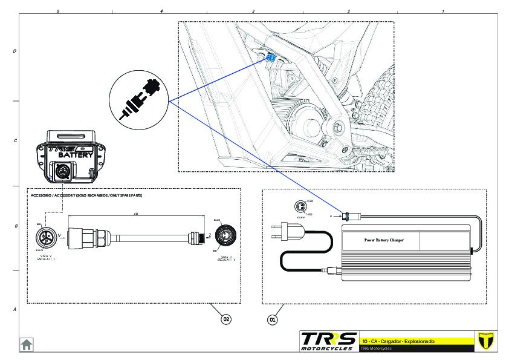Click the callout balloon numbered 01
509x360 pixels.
pos(273,318)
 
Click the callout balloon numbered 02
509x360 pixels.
pos(226,318)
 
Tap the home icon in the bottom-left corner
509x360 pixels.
pos(27,344)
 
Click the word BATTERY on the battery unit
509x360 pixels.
pos(76,155)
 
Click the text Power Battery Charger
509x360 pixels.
pos(383,240)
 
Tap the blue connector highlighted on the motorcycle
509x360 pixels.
pos(271,58)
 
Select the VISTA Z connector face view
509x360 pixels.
pos(226,235)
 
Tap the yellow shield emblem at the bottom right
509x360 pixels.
pos(482,341)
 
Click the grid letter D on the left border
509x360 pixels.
pos(15,52)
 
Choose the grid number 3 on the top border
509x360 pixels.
pos(253,11)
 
